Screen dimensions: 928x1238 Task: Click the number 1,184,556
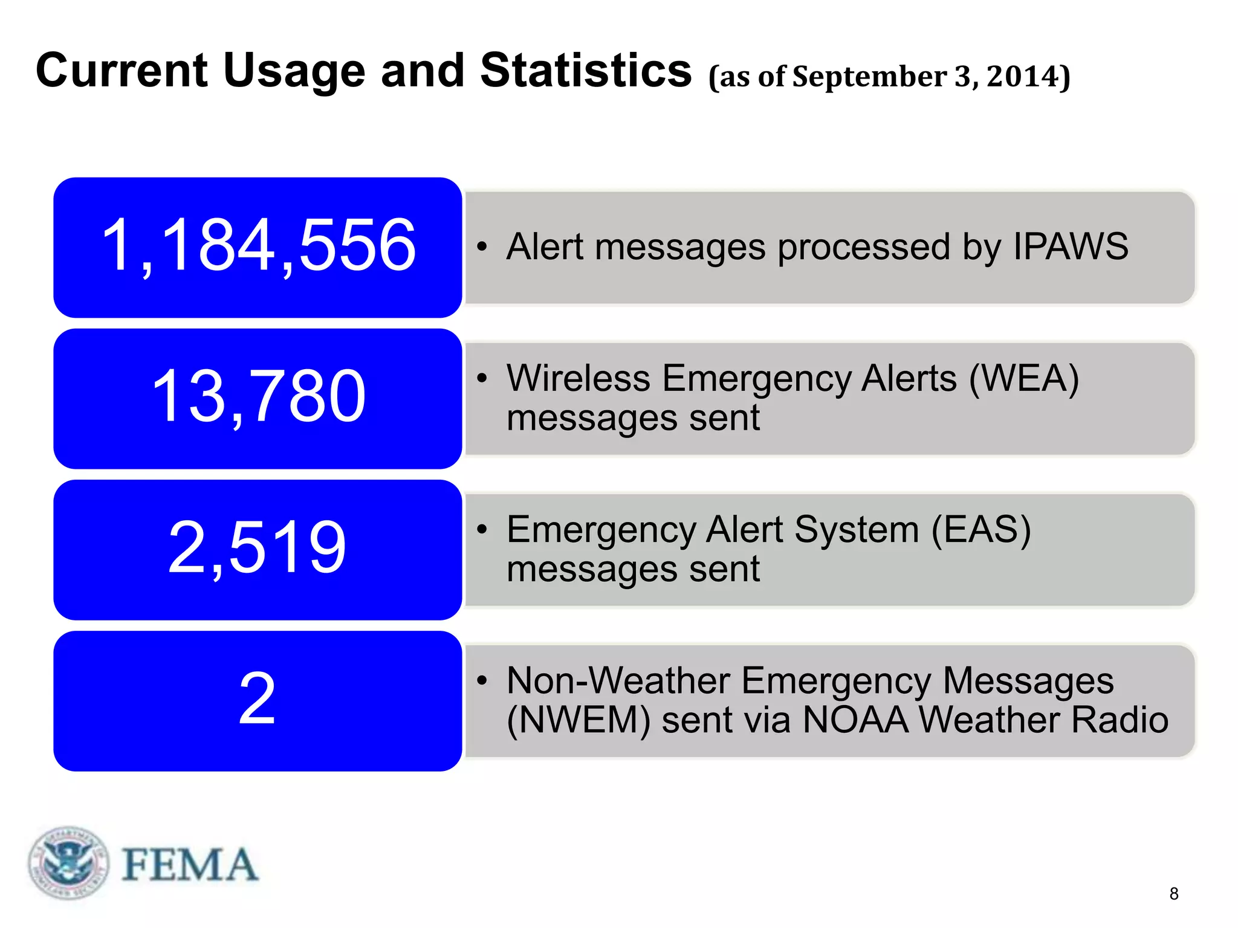click(258, 245)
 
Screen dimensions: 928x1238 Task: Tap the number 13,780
click(258, 396)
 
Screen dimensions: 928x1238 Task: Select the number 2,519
click(258, 548)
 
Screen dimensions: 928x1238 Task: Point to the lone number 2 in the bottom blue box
click(258, 699)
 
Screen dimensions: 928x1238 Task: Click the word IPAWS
click(1070, 246)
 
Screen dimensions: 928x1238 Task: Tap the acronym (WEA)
click(1024, 379)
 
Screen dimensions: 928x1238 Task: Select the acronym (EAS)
click(980, 530)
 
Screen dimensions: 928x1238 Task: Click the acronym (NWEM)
click(578, 720)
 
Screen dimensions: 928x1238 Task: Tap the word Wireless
click(578, 379)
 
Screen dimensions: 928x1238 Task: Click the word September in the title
click(869, 77)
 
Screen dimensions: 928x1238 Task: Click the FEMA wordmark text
click(190, 865)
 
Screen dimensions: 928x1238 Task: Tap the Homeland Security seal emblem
click(69, 863)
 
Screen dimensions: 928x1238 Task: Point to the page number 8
click(1173, 894)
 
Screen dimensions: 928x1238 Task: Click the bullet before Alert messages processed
click(482, 246)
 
